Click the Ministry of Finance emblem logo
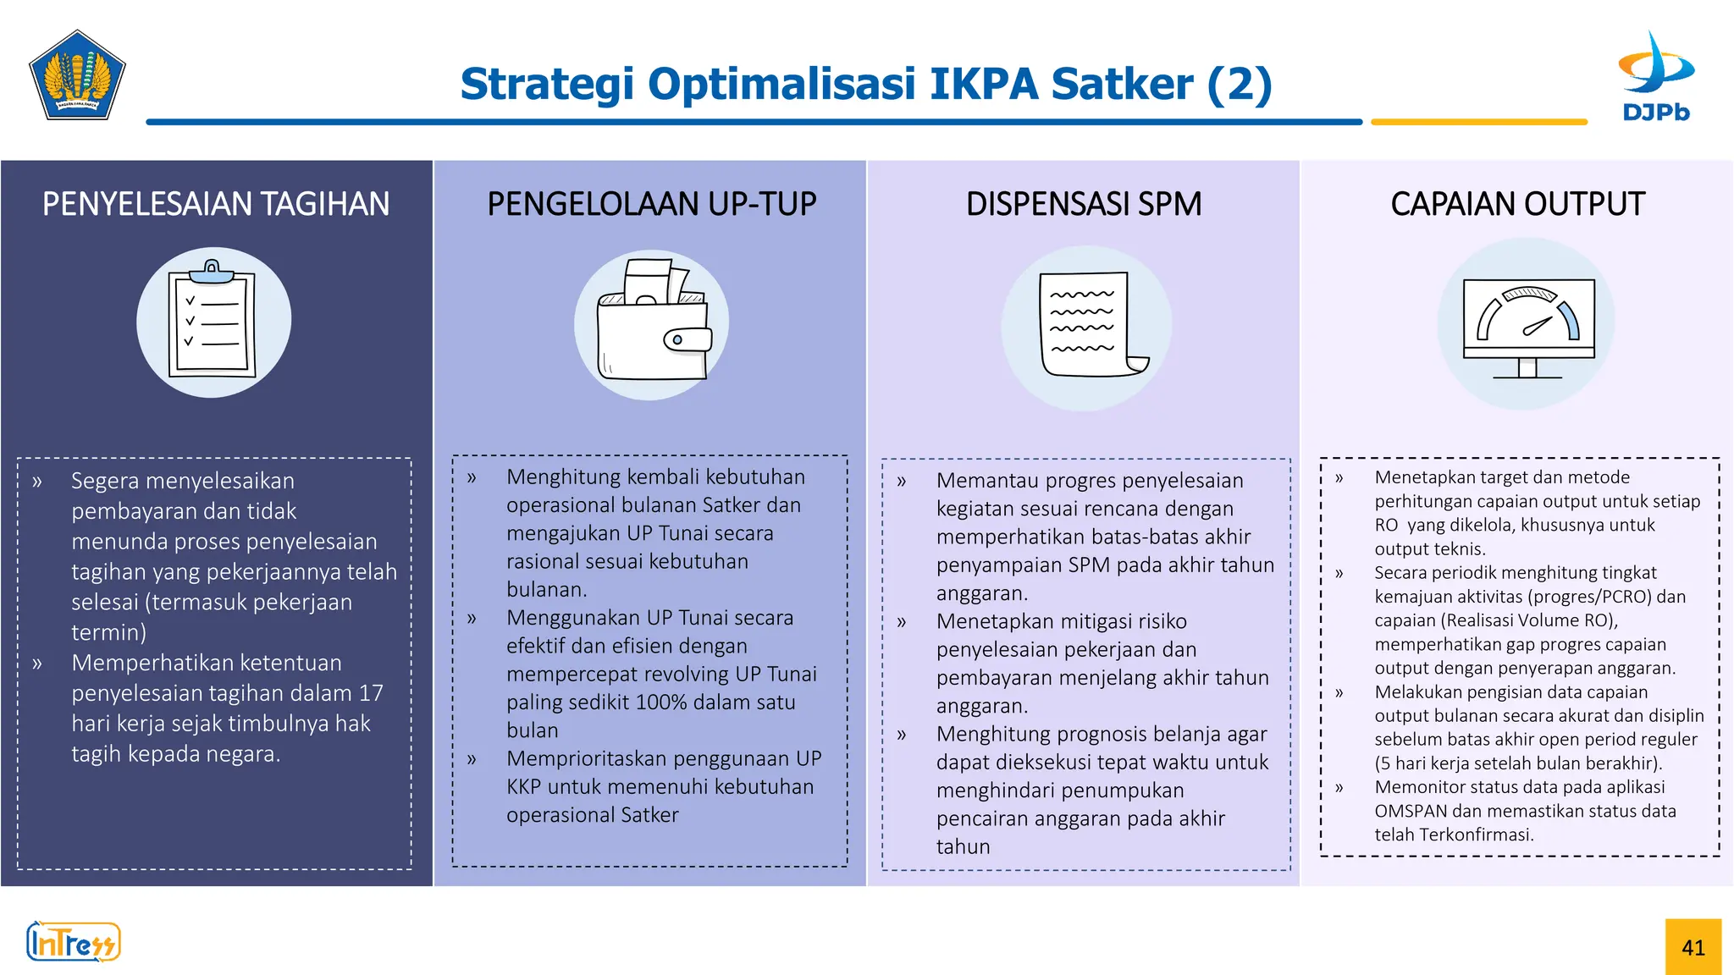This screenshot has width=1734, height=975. [77, 75]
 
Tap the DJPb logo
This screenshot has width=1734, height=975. [1655, 77]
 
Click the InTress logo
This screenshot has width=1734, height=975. [74, 942]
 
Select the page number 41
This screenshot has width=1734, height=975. [1693, 947]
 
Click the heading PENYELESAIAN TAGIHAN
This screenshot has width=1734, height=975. [216, 204]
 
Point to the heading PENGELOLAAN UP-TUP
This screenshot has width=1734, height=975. [651, 204]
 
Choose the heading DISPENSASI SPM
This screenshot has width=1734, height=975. [1084, 204]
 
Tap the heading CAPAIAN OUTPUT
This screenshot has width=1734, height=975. [1517, 204]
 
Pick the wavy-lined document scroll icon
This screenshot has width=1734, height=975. [1088, 326]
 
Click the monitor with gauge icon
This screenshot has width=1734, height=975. [1528, 326]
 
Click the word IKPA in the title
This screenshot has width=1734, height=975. [984, 84]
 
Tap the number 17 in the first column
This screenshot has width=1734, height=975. [371, 693]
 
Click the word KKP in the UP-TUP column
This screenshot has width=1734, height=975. [523, 787]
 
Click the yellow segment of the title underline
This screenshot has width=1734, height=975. [1478, 122]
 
